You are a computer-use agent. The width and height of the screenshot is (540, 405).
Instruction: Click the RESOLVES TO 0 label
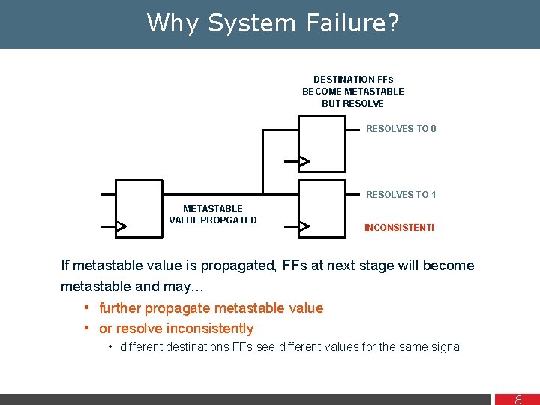click(x=400, y=129)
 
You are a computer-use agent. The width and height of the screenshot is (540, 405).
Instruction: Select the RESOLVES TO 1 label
click(x=400, y=195)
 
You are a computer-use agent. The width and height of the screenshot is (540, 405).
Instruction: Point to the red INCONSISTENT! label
click(x=399, y=227)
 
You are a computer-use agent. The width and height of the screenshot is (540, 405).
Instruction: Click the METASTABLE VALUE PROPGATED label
click(x=213, y=214)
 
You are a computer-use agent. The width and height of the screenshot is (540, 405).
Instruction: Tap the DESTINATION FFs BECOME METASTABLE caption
click(x=353, y=91)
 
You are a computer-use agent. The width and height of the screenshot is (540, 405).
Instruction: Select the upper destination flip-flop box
click(x=322, y=143)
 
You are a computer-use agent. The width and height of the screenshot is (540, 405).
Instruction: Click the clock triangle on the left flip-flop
click(x=120, y=226)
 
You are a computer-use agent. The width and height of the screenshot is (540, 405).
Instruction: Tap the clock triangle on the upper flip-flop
click(x=304, y=161)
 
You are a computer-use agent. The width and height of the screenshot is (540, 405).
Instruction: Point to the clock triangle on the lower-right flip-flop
click(x=304, y=226)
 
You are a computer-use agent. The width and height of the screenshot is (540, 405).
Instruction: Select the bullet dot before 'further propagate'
click(x=88, y=307)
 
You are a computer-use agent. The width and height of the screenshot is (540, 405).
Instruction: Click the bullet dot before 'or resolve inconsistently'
click(x=88, y=328)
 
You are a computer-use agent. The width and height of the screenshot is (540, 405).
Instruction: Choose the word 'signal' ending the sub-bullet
click(x=445, y=346)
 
